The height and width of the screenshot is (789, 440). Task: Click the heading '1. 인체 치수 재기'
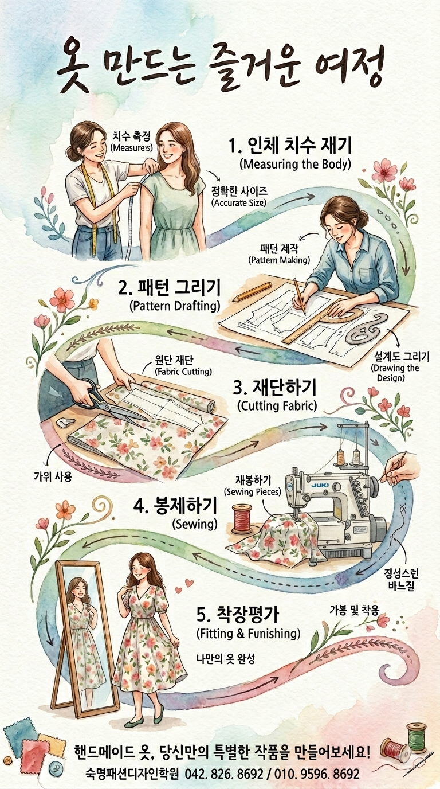(x=290, y=146)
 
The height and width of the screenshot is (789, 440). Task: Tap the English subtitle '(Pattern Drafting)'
(x=175, y=306)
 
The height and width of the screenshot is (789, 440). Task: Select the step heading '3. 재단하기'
(x=274, y=388)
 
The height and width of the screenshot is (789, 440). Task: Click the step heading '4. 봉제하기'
(x=175, y=506)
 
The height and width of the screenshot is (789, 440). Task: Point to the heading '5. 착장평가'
(x=238, y=615)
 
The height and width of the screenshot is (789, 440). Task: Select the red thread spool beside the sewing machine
(x=242, y=519)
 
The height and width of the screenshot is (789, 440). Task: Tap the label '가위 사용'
(x=53, y=477)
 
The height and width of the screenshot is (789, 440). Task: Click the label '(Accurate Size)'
(x=239, y=203)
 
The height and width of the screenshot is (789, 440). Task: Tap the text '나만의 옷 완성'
(x=225, y=658)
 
